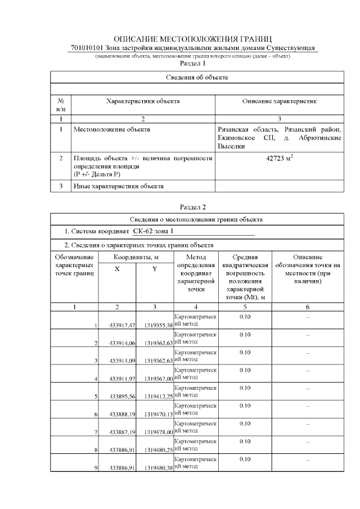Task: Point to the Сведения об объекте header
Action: [x=197, y=76]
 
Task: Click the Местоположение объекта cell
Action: [x=112, y=129]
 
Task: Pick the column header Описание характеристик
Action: [x=280, y=101]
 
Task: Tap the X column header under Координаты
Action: [x=117, y=269]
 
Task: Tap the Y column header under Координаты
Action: [x=154, y=269]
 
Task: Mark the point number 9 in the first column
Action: [x=96, y=467]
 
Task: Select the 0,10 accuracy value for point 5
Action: [x=245, y=388]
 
